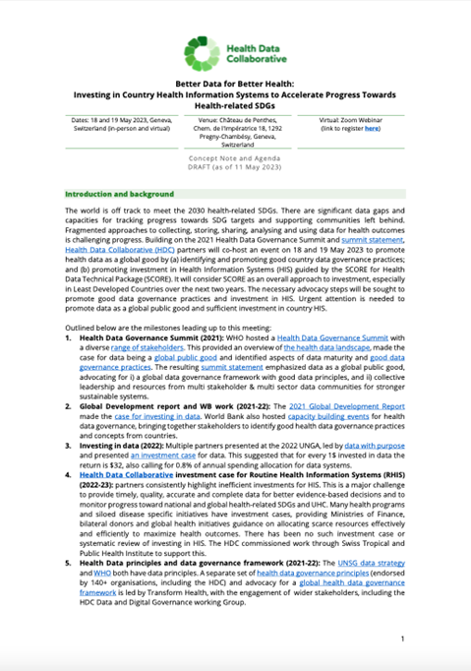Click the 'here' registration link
pyautogui.click(x=373, y=128)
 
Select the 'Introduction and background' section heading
pyautogui.click(x=119, y=194)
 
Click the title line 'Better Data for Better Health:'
pyautogui.click(x=235, y=85)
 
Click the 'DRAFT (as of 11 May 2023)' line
pyautogui.click(x=235, y=169)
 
